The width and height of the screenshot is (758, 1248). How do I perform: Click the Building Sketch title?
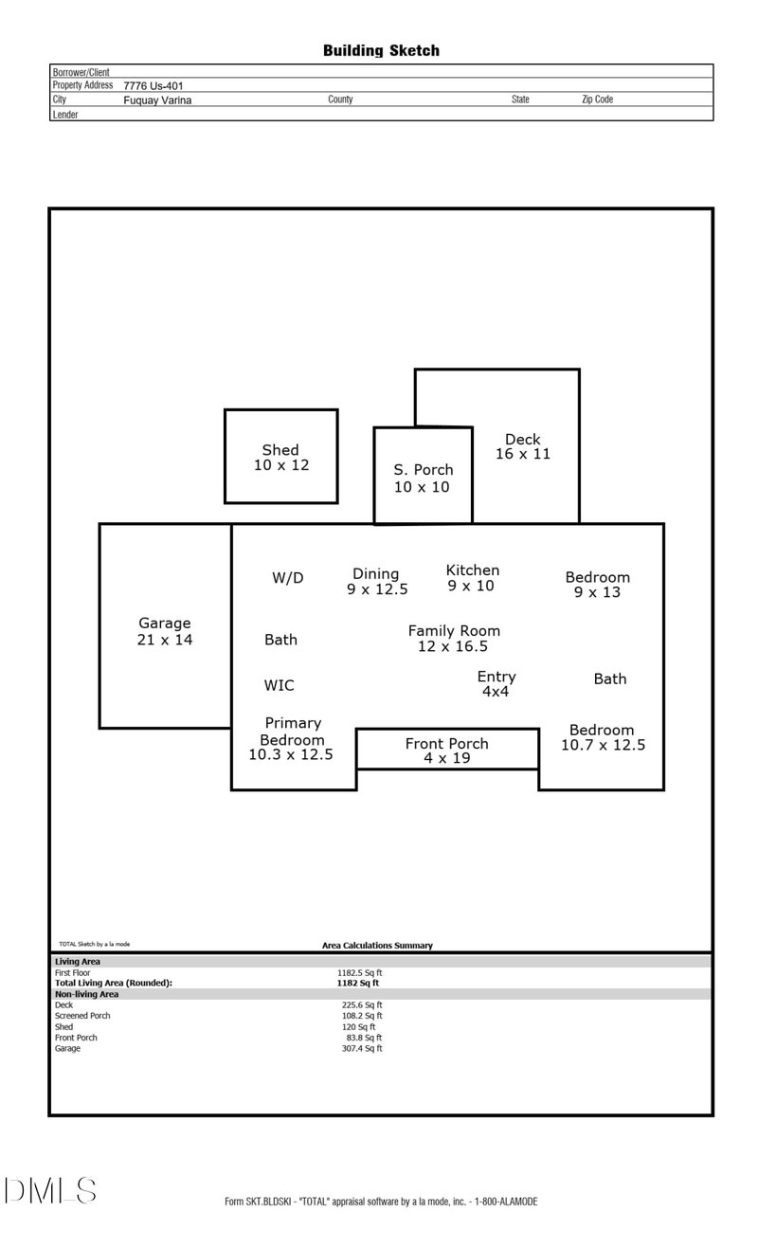pos(381,50)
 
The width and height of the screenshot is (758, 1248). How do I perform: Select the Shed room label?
pos(280,450)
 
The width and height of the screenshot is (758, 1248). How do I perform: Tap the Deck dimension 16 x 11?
pos(522,454)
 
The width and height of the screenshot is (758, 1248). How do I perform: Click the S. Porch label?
pos(424,469)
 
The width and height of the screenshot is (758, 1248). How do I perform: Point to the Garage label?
pos(165,624)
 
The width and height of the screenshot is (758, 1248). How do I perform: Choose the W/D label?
pos(288,578)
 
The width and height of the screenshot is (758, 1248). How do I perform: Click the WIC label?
pos(279,685)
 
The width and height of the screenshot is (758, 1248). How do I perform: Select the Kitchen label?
pos(472,570)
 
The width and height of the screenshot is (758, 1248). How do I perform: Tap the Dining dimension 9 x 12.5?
pos(377,589)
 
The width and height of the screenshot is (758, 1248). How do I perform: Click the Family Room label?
pos(454,630)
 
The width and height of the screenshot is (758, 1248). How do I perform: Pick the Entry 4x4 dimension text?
pos(496,692)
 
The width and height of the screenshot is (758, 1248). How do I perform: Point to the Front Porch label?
pos(446,744)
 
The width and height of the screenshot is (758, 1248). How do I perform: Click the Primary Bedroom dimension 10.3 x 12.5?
pos(291,755)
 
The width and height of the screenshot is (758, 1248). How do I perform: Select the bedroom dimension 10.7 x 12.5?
pos(603,745)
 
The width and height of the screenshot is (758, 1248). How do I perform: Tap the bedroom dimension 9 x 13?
pos(597,592)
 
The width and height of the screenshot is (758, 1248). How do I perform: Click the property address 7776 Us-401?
pos(153,85)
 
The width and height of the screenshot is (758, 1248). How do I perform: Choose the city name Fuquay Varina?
pos(157,99)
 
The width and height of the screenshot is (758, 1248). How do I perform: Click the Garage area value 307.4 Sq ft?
pos(361,1049)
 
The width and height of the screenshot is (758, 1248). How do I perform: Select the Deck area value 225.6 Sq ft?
pos(361,1005)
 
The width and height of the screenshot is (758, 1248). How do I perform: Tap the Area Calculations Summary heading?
pos(377,946)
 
